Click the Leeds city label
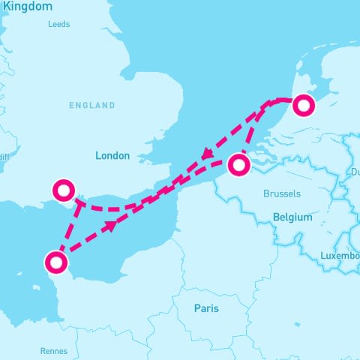[58, 24]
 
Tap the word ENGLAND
[92, 106]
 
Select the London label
[112, 156]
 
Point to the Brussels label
[282, 193]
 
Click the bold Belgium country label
[292, 217]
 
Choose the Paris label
[207, 308]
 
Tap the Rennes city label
[53, 351]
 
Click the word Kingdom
[27, 6]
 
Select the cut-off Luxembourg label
[339, 256]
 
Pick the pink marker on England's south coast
[62, 190]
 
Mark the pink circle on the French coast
[56, 262]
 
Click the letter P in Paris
[197, 308]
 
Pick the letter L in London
[98, 156]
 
